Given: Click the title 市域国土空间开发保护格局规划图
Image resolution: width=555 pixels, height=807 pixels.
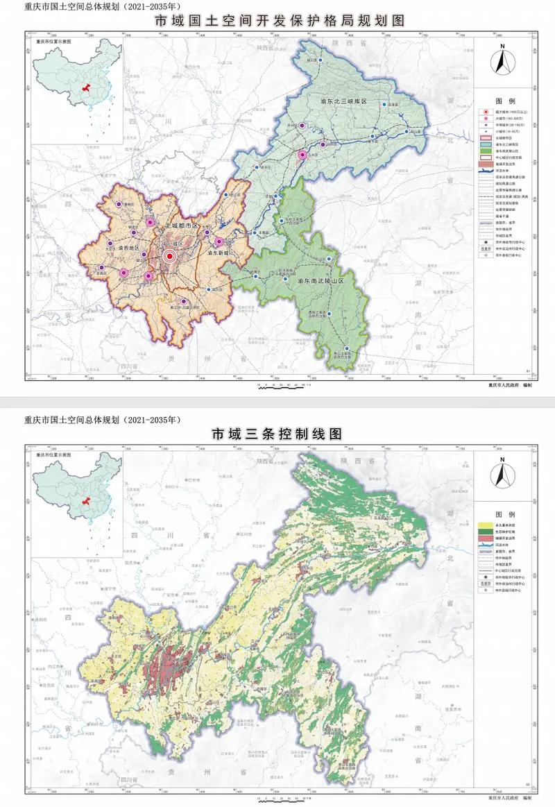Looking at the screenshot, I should [277, 20].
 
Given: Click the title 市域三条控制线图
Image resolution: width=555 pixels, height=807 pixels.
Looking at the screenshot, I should [277, 434].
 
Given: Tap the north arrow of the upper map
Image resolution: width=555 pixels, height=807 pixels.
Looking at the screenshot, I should [502, 60].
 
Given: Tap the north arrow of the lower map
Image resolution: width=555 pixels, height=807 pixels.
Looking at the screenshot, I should [502, 475].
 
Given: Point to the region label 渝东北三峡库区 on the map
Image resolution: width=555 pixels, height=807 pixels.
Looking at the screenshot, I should [343, 102].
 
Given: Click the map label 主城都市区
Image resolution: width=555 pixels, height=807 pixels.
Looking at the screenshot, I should [181, 227].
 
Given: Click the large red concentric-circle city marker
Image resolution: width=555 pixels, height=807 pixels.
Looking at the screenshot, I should [169, 256].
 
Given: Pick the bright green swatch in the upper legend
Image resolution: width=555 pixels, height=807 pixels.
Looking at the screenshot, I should [483, 151].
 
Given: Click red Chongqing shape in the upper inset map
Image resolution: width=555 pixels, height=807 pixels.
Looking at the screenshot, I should [86, 90].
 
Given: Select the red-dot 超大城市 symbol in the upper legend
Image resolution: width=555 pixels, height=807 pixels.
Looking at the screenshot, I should [483, 111].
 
